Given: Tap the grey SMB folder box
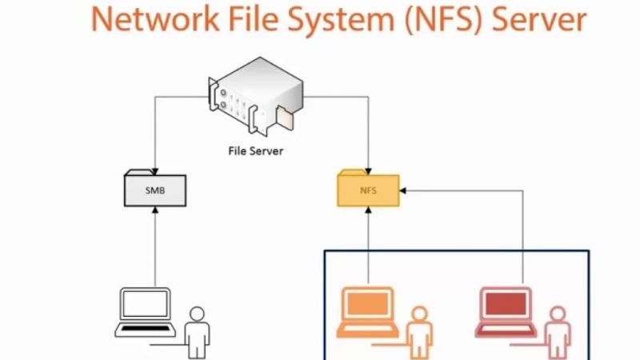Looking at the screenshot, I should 155,190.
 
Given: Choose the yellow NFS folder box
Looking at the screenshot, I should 367,190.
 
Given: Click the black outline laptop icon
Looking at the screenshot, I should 145,313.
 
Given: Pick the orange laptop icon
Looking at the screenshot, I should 369,313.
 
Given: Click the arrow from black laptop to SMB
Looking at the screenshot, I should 154,248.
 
